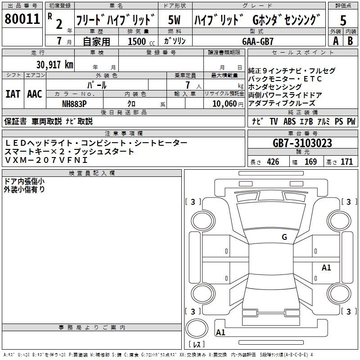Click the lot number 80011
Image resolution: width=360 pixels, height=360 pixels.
22,18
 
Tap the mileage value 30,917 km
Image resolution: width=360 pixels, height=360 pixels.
55,64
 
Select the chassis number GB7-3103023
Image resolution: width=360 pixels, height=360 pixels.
302,143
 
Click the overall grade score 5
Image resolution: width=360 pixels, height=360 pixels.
343,20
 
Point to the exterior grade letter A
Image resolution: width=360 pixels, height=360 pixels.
336,41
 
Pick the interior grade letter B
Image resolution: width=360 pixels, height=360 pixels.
350,41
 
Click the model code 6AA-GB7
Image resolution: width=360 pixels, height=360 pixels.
258,41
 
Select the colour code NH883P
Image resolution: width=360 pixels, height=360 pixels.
74,104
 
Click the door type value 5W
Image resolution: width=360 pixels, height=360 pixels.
174,20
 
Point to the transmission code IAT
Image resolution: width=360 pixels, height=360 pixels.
13,94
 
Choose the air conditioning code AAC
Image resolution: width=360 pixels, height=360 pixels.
35,94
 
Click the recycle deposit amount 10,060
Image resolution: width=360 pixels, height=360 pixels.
225,103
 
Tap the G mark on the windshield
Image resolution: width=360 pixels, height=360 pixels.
284,237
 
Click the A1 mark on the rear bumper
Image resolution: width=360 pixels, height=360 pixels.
220,332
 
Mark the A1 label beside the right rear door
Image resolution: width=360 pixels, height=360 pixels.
326,267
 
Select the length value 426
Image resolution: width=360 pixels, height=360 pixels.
273,162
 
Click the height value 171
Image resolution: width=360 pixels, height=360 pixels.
346,162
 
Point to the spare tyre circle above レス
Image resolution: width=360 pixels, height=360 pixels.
197,328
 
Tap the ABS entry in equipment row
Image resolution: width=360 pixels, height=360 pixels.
289,121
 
